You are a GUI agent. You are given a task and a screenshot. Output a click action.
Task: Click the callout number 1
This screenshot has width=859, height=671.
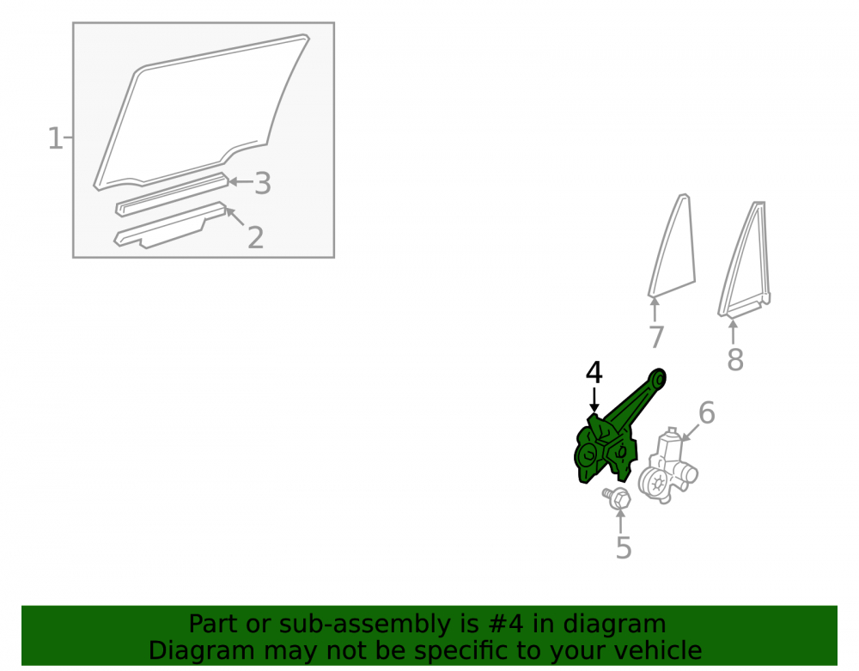pos(55,138)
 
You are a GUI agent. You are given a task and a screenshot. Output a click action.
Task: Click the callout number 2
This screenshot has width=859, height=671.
pos(255,237)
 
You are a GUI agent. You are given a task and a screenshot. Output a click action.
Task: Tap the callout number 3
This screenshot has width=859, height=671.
pos(263,183)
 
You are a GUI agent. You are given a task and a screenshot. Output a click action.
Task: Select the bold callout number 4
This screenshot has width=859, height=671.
pos(594,373)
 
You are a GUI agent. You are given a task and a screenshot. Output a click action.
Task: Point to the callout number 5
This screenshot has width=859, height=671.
pos(624,547)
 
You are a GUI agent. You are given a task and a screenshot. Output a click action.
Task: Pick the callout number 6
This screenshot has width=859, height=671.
pos(707,412)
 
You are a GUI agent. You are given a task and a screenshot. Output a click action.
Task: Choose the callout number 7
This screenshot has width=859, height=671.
pos(656,337)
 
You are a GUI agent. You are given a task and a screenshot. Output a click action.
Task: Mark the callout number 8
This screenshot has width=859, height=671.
pos(735,360)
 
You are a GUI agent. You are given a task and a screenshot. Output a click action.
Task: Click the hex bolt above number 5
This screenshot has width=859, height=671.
pos(618,497)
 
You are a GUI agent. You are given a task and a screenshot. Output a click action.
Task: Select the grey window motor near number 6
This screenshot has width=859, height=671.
pos(667,466)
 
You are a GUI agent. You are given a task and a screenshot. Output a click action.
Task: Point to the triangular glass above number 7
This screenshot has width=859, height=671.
pos(673,247)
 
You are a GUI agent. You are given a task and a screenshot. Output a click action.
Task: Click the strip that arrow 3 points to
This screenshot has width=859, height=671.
pos(172,195)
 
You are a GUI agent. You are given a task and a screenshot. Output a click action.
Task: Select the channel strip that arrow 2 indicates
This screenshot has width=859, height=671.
pos(170,226)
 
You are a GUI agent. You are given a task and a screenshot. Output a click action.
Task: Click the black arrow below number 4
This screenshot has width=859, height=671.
pos(594,400)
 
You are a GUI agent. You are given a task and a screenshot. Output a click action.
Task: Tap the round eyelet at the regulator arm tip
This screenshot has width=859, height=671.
pos(660,378)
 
